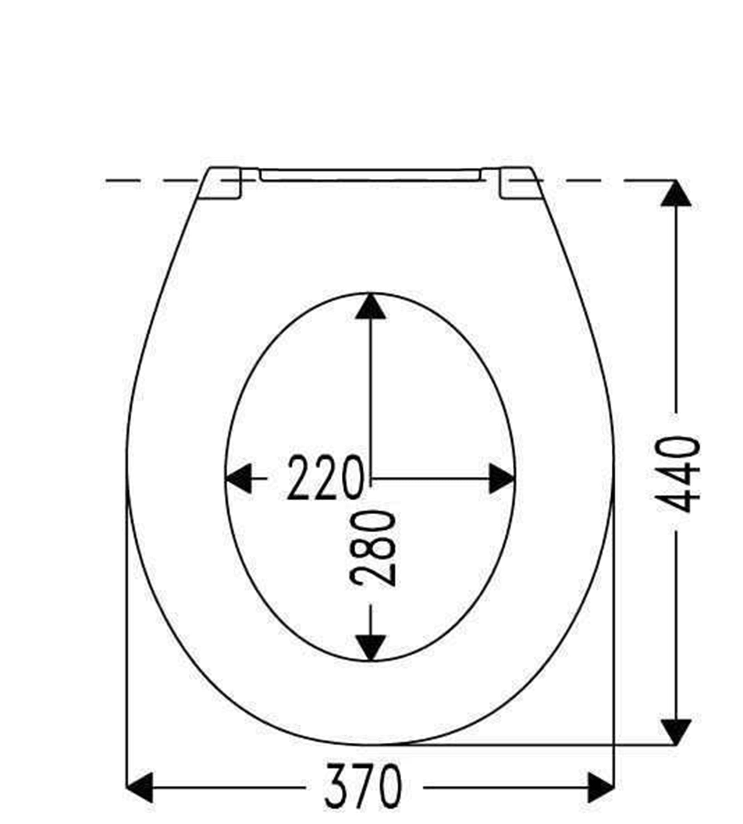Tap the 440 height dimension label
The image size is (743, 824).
(677, 474)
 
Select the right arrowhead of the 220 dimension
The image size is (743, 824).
(502, 478)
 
